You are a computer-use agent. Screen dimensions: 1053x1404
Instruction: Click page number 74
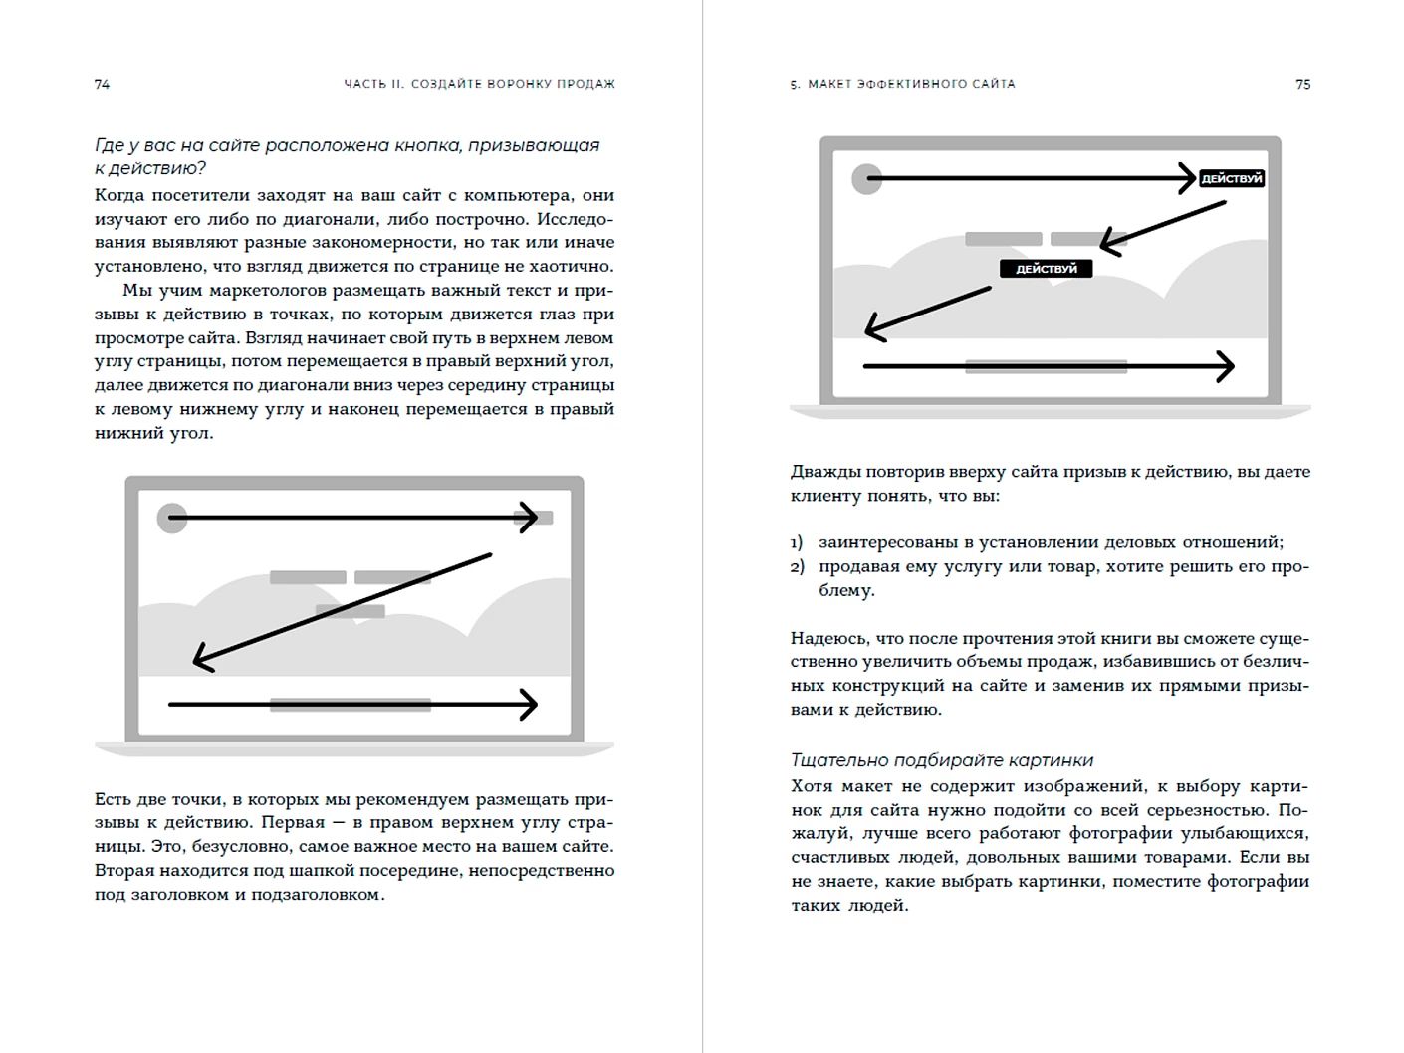(x=102, y=85)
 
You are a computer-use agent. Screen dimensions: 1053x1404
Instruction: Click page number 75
(x=1302, y=85)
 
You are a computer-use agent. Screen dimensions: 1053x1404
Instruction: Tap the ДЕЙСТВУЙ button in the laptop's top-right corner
(x=1231, y=179)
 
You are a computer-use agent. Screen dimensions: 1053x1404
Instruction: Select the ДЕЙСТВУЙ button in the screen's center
(x=1046, y=269)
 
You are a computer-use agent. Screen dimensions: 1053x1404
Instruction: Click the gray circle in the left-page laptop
(x=172, y=518)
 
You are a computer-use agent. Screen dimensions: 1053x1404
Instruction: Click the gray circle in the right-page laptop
(x=867, y=179)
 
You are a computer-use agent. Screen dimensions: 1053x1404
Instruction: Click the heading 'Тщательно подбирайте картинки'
(x=942, y=760)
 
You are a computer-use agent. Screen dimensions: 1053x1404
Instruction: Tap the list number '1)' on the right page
(x=797, y=543)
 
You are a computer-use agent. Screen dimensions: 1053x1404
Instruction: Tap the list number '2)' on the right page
(x=797, y=567)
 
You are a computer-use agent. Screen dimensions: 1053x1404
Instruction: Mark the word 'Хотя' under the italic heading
(x=812, y=786)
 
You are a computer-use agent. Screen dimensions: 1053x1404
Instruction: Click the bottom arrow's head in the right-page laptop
(x=1227, y=366)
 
